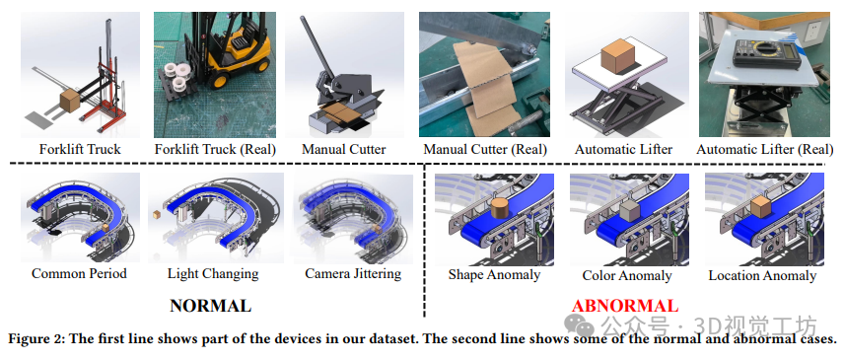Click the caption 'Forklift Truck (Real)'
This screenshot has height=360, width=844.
215,149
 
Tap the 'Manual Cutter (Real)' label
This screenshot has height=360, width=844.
485,149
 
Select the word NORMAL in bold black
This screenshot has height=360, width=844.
210,306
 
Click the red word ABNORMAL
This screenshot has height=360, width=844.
625,306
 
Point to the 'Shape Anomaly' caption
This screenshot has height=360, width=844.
494,275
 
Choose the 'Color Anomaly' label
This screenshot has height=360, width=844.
627,276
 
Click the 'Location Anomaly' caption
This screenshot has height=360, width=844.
762,276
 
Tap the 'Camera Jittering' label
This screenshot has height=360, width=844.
353,273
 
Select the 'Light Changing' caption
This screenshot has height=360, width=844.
213,273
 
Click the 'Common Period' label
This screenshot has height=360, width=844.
79,273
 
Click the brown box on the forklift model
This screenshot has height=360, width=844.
69,101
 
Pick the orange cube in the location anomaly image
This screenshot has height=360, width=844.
763,207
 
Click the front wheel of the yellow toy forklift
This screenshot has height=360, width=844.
220,80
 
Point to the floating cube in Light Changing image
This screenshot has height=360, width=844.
156,214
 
